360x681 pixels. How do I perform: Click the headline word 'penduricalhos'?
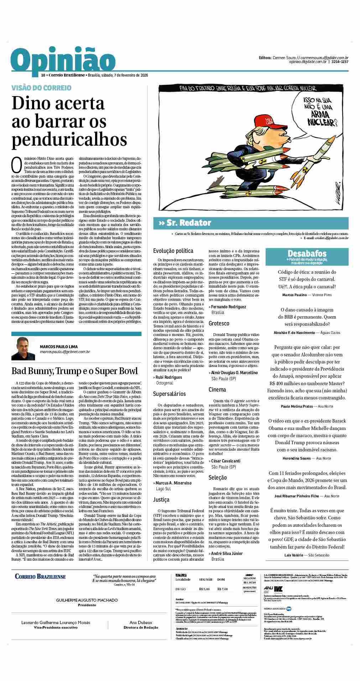point(69,139)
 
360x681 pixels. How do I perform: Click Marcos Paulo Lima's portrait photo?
point(23,349)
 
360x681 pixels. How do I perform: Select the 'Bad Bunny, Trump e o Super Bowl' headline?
point(74,371)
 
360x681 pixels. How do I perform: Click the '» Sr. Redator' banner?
point(185,223)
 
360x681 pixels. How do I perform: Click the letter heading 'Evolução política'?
point(173,251)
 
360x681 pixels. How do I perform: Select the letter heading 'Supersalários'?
point(169,394)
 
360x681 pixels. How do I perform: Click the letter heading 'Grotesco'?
point(219,323)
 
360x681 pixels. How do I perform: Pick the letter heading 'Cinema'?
point(218,390)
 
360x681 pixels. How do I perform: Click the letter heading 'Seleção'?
point(218,477)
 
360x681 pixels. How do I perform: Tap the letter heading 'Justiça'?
point(161,500)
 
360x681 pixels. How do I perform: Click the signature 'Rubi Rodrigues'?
point(168,377)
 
